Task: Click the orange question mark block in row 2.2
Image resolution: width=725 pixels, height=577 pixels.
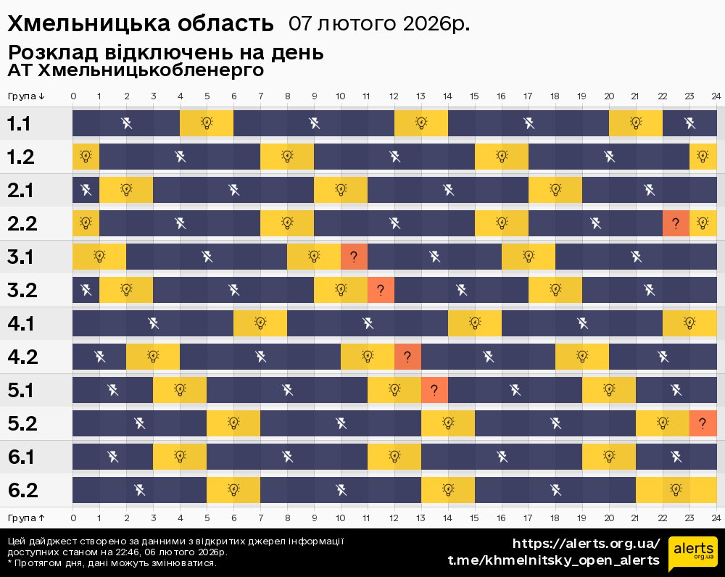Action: tap(676, 223)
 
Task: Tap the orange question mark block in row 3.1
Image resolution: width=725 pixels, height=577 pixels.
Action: tap(354, 256)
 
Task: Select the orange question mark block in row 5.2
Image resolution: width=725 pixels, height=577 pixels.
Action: tap(703, 423)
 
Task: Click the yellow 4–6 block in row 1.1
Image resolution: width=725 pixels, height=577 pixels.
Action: tap(207, 123)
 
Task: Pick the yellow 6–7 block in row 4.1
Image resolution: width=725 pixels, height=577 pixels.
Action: tap(260, 323)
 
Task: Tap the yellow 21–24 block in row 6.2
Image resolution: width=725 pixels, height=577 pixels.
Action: tap(676, 489)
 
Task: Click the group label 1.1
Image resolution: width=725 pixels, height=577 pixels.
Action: tap(19, 123)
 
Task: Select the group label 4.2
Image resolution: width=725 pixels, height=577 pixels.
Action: tap(22, 357)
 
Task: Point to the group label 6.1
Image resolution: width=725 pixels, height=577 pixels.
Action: tap(22, 457)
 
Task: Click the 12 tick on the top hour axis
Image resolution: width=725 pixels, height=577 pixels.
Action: tap(394, 96)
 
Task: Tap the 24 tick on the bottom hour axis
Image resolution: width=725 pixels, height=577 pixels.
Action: tap(716, 518)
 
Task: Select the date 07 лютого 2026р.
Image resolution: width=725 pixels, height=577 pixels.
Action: tap(378, 24)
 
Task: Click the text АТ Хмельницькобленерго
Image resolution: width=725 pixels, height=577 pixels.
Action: tap(136, 71)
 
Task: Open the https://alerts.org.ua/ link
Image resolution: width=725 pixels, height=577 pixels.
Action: tap(586, 544)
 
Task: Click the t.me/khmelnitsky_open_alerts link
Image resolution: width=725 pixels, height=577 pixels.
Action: tap(554, 560)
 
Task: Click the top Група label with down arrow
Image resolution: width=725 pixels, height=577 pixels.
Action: tap(26, 96)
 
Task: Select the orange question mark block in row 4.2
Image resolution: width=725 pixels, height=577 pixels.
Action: tap(407, 356)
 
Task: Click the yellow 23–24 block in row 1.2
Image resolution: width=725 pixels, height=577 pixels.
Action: tap(703, 156)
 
